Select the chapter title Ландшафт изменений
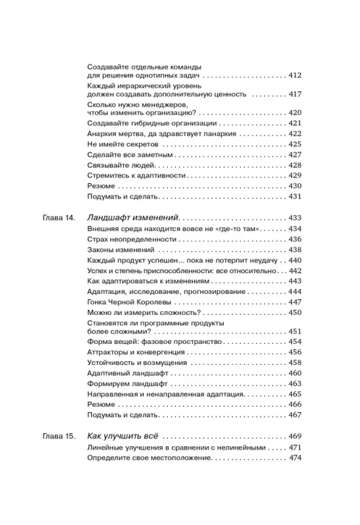coord(132,217)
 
